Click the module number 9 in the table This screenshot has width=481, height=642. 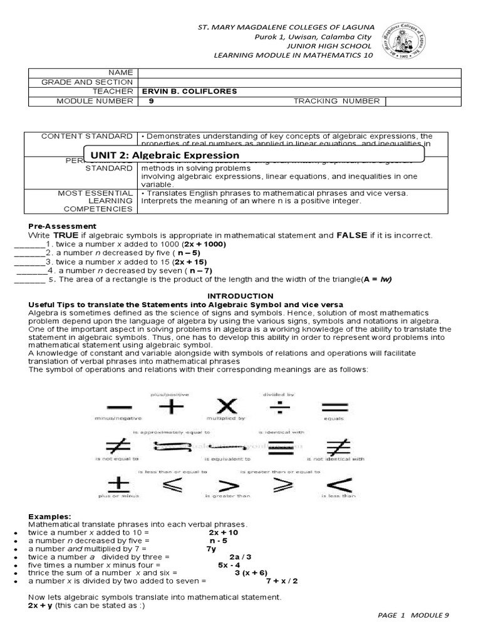coord(151,101)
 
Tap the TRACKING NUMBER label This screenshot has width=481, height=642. coord(336,101)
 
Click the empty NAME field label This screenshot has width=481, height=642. coord(121,73)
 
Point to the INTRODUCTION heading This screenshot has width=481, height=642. coord(240,295)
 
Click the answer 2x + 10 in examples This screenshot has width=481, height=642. coord(224,532)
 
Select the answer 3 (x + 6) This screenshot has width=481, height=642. coord(251,572)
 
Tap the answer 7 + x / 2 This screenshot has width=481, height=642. coord(281,581)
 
